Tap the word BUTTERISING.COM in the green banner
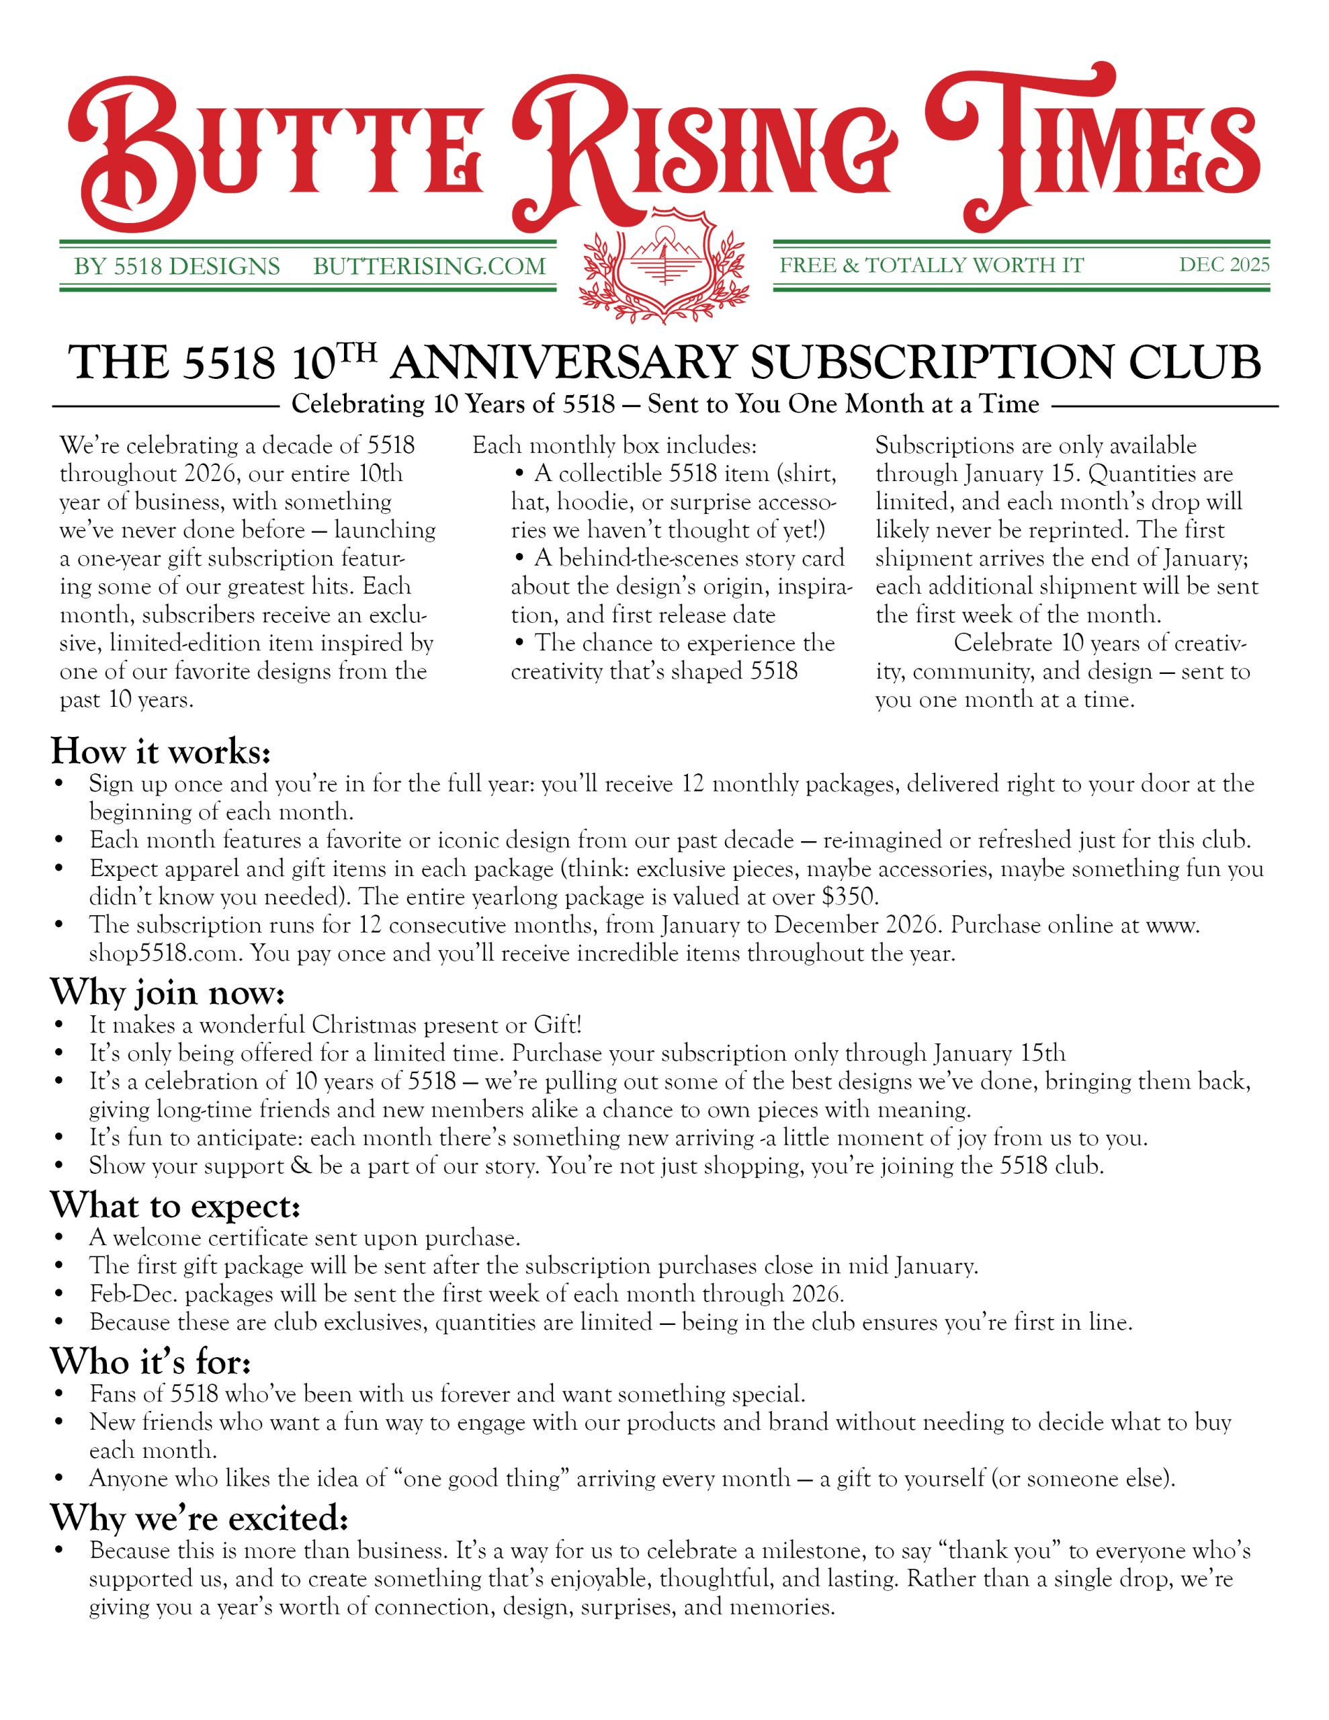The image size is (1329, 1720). (429, 266)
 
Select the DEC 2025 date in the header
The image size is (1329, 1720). (1224, 265)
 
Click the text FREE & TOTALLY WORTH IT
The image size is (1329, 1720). (932, 265)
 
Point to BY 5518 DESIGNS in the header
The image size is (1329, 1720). (177, 266)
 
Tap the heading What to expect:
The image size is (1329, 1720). (175, 1206)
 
